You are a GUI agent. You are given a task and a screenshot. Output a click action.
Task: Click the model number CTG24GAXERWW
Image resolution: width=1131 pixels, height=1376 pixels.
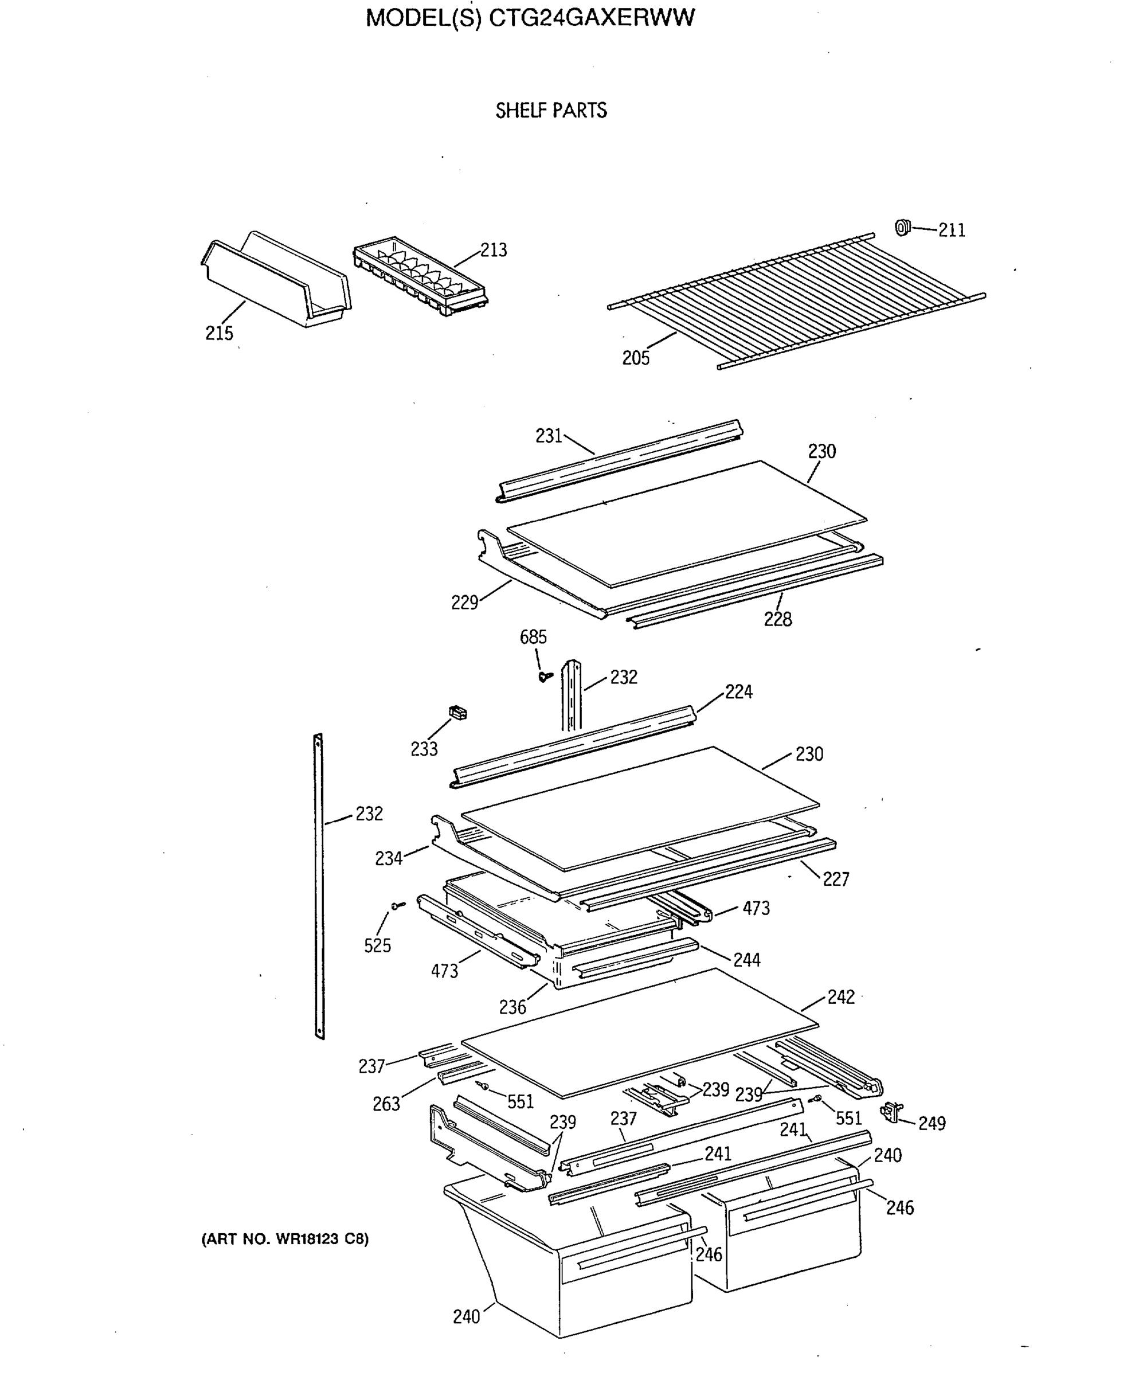[x=591, y=18]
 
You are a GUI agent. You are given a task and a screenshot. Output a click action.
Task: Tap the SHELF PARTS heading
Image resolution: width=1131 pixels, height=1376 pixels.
[x=550, y=111]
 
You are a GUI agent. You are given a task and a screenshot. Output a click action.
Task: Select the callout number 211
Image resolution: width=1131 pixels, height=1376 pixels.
[x=951, y=230]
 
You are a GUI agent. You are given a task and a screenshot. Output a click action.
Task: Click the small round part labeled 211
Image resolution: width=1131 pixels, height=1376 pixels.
[x=902, y=228]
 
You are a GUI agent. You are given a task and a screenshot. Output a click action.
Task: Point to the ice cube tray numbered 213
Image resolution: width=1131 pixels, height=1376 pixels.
[x=420, y=277]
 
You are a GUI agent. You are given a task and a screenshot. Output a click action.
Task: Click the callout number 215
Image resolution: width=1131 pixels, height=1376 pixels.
[x=219, y=334]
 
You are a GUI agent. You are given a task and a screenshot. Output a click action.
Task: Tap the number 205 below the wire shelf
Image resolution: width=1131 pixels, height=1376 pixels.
[x=635, y=358]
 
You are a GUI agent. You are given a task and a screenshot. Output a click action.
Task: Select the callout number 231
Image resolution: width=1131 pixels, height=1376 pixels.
[x=549, y=436]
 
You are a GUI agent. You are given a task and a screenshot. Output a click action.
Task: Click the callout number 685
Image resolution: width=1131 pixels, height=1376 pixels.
[x=533, y=637]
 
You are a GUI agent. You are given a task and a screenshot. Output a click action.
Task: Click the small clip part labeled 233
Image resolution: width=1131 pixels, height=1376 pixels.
[x=459, y=713]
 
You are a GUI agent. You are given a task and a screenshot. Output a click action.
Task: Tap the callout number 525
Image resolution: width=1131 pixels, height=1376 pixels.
[x=377, y=945]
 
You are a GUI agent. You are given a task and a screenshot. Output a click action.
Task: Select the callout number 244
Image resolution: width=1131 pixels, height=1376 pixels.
[x=746, y=960]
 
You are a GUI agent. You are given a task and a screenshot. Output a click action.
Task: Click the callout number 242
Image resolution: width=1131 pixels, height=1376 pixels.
[x=840, y=997]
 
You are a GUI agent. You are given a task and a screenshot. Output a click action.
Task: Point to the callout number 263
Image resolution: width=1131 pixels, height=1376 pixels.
[x=386, y=1104]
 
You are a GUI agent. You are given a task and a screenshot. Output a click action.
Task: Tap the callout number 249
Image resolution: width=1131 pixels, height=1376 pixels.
[x=932, y=1123]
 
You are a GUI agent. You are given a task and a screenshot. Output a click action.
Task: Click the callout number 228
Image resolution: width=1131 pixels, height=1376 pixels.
[x=777, y=619]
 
